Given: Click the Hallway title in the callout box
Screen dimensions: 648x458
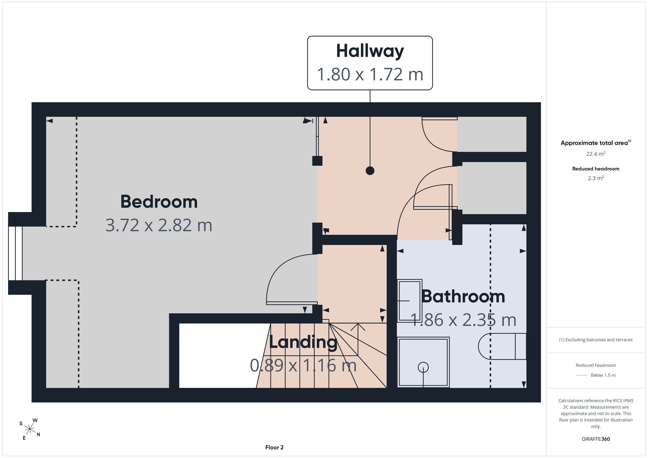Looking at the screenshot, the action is point(370,51).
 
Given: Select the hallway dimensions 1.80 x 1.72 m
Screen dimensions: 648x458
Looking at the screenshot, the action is point(370,74).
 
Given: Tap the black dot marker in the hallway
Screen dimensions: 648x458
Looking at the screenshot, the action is point(370,170).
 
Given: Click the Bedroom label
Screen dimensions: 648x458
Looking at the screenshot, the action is point(159,201).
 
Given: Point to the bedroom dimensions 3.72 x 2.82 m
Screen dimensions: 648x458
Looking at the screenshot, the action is point(159,225).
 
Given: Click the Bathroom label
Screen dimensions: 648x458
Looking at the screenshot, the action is point(463,296).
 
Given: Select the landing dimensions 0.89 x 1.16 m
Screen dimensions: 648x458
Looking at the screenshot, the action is point(303,365).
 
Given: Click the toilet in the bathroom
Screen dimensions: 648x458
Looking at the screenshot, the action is point(502,346).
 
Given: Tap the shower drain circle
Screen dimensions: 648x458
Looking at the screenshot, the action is point(423,367).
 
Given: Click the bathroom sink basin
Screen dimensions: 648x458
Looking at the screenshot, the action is point(410,301).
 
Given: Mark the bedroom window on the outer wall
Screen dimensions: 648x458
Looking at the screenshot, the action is point(15,253).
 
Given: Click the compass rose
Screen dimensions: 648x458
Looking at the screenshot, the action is point(30,429).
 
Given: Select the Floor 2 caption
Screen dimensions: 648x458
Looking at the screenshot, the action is point(274,447).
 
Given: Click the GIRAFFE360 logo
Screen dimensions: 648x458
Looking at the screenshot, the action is point(596,439).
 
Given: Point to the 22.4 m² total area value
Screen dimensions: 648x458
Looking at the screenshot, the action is point(596,154).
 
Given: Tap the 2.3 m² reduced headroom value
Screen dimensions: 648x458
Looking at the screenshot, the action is point(596,178).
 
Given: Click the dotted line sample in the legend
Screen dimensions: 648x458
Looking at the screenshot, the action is point(582,375).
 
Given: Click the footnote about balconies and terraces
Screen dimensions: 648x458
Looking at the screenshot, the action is point(596,340).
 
